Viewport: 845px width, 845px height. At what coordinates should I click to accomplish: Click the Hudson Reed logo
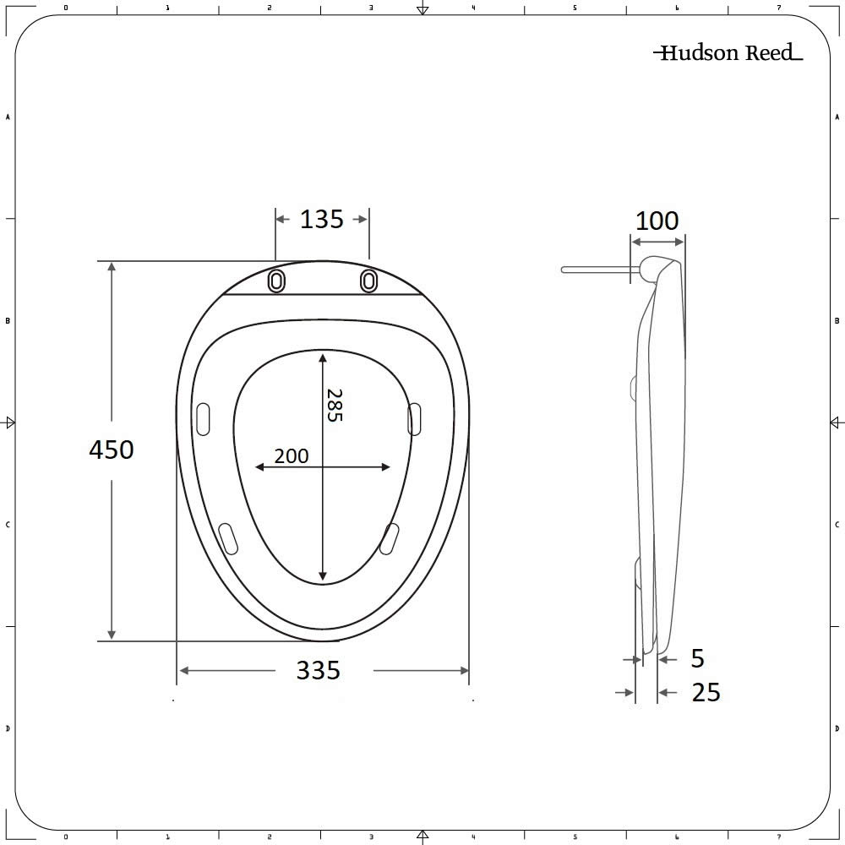pyautogui.click(x=727, y=53)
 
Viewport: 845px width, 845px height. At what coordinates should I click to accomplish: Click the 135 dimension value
pyautogui.click(x=322, y=220)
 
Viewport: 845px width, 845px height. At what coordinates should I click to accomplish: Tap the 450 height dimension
pyautogui.click(x=112, y=450)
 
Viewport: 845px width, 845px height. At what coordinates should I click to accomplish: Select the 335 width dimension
pyautogui.click(x=318, y=671)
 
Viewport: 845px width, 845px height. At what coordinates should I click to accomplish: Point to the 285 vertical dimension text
pyautogui.click(x=335, y=405)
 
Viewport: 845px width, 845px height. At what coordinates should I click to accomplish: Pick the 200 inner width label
pyautogui.click(x=292, y=456)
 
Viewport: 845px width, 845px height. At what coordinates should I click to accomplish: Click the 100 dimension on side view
pyautogui.click(x=657, y=221)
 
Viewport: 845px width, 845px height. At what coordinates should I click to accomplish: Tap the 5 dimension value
pyautogui.click(x=697, y=658)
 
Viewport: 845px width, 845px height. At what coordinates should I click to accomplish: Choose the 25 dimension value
pyautogui.click(x=706, y=693)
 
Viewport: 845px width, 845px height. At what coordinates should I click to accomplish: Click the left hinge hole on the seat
pyautogui.click(x=276, y=281)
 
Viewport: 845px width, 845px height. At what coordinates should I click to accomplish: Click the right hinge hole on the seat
pyautogui.click(x=368, y=281)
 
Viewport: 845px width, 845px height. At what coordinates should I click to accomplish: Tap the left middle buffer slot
pyautogui.click(x=203, y=419)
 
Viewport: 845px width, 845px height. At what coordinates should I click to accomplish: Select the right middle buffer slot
pyautogui.click(x=414, y=419)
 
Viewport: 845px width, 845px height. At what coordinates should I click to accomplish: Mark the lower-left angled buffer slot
pyautogui.click(x=228, y=538)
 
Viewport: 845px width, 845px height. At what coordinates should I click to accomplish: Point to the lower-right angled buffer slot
pyautogui.click(x=390, y=538)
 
